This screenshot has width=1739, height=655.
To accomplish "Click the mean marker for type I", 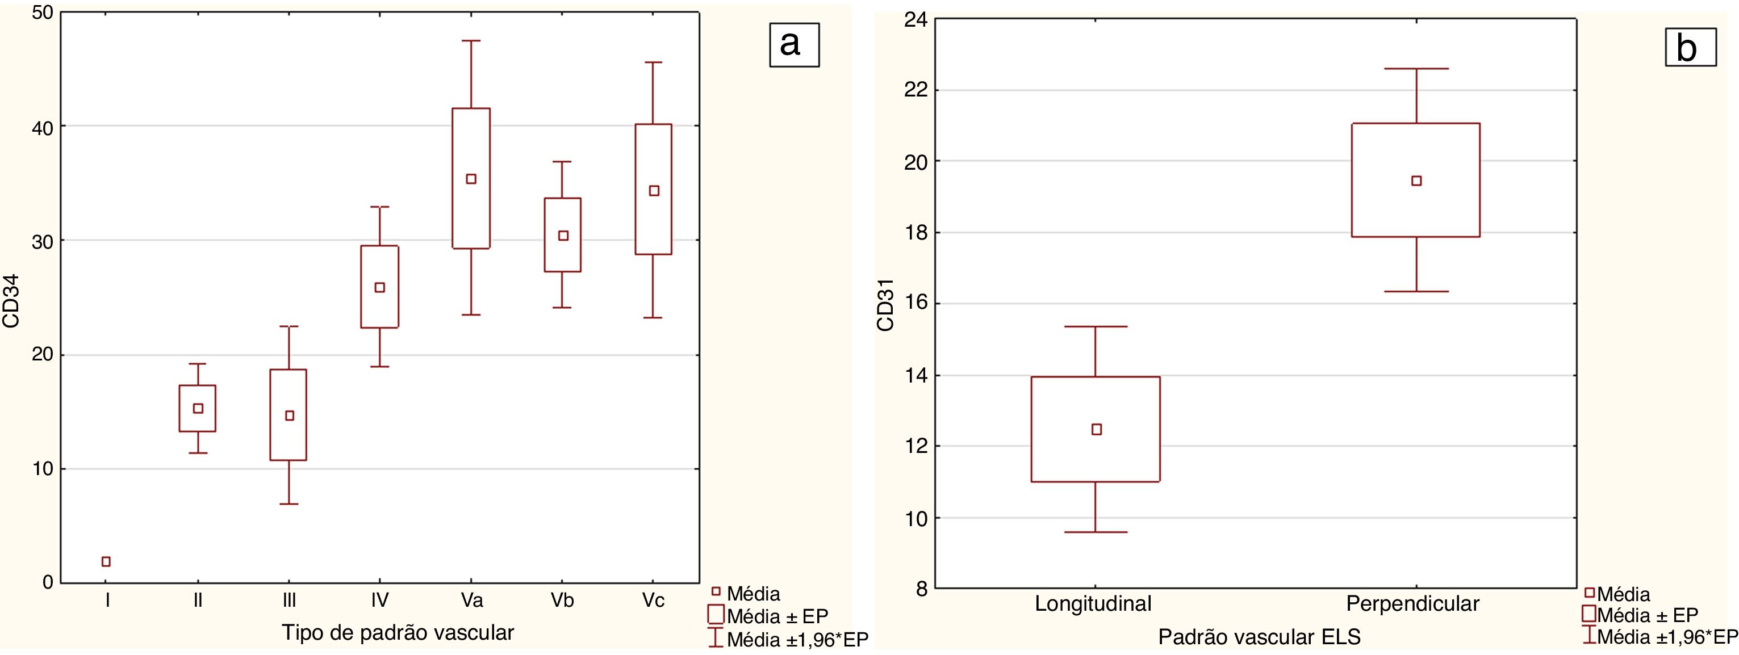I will (x=106, y=561).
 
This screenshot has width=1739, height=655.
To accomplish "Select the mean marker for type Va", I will (x=471, y=179).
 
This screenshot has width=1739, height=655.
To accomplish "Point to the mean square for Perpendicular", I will (x=1416, y=181).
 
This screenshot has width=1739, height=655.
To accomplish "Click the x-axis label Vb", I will (x=562, y=600).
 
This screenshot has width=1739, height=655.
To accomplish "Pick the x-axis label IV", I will (x=379, y=600).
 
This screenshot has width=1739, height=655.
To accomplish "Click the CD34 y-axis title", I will (x=11, y=301).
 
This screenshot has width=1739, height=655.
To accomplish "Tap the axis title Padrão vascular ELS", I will (x=1259, y=637).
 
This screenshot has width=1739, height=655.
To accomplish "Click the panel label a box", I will (x=794, y=44).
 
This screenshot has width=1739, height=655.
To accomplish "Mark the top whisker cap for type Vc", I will (x=654, y=62).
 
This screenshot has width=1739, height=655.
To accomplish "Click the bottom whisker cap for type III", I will (x=289, y=504).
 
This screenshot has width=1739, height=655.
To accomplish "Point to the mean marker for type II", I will (x=198, y=408).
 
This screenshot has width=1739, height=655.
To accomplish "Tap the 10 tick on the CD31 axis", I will (x=916, y=518).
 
